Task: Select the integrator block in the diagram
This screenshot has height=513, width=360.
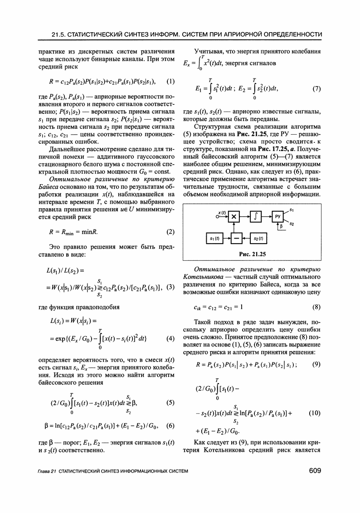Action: point(256,217)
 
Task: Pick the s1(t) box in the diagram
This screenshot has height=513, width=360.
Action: point(212,238)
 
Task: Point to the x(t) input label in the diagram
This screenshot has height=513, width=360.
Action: point(222,212)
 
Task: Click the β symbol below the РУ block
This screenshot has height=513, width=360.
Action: point(281,226)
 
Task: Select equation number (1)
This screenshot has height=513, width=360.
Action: point(170,82)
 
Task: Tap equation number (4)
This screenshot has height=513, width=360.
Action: point(170,339)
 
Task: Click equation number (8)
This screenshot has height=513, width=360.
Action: point(316,306)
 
